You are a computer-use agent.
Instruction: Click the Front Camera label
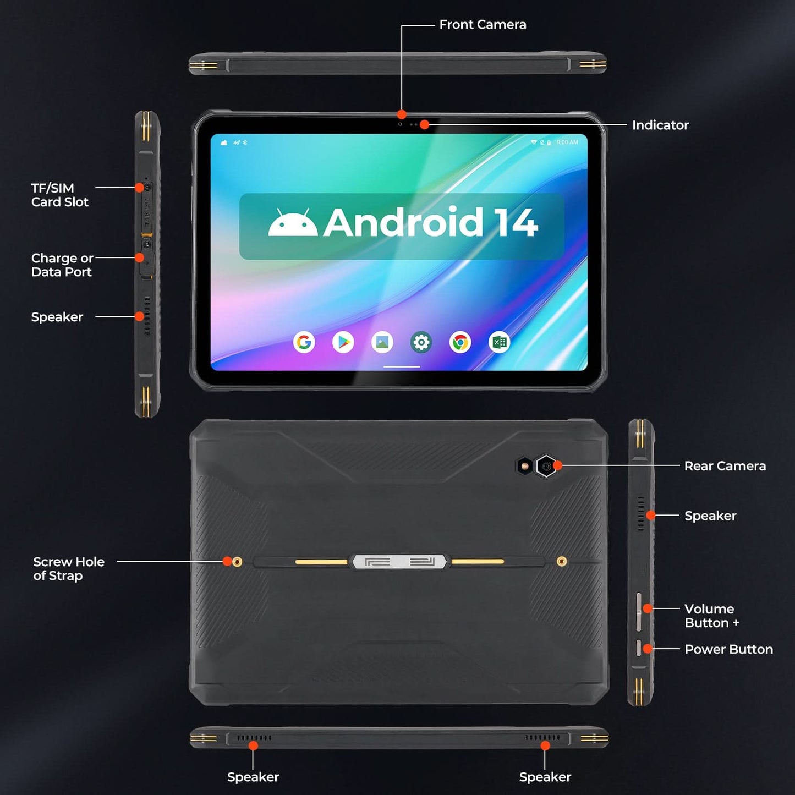point(483,25)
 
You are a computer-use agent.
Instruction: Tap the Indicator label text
point(660,125)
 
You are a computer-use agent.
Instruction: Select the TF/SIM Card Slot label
point(59,195)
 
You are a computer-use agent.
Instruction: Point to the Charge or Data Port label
point(62,265)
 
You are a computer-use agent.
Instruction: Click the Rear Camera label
point(725,466)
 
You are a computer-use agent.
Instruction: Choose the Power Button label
point(728,650)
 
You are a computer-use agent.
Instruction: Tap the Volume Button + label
point(711,616)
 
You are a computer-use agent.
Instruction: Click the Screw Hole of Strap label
point(68,569)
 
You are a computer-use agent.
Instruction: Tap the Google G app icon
point(304,342)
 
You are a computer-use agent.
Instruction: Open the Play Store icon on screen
point(343,342)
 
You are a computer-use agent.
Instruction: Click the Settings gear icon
point(421,342)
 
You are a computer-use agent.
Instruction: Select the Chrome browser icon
point(460,342)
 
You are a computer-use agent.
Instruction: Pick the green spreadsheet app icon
point(500,342)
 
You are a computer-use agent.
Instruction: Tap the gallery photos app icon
point(382,342)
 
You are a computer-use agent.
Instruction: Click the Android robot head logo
point(292,223)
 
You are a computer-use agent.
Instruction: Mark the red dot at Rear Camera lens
point(558,465)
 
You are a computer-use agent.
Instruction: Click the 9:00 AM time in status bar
point(567,142)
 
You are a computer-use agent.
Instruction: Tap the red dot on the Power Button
point(648,649)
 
